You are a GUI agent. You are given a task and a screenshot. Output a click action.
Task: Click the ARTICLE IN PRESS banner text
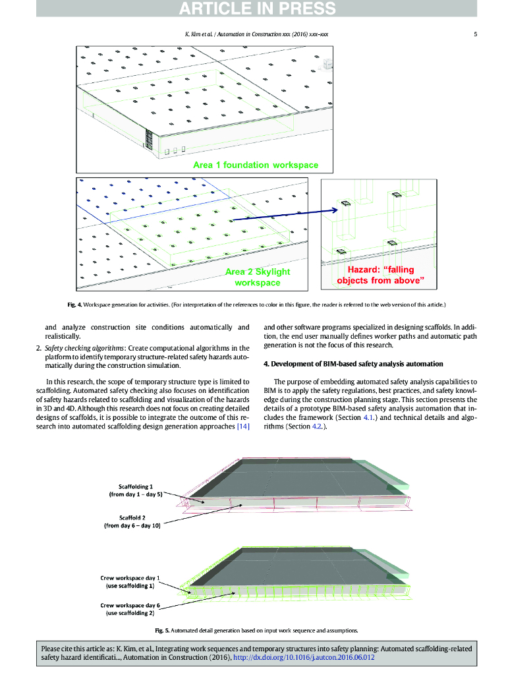pyautogui.click(x=257, y=9)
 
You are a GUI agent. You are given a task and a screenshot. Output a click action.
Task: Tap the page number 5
pyautogui.click(x=475, y=35)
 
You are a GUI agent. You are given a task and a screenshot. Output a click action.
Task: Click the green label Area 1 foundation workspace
pyautogui.click(x=256, y=165)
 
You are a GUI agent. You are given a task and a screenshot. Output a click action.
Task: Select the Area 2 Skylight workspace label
pyautogui.click(x=258, y=277)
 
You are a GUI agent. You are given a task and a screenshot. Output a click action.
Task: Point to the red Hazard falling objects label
pyautogui.click(x=380, y=275)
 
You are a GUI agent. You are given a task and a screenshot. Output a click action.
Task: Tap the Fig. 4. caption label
pyautogui.click(x=74, y=305)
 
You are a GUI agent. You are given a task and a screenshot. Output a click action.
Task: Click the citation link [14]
pyautogui.click(x=243, y=426)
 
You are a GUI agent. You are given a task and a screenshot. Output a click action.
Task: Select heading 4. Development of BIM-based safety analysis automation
pyautogui.click(x=353, y=364)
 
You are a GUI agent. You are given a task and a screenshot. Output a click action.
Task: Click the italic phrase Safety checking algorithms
pyautogui.click(x=84, y=347)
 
